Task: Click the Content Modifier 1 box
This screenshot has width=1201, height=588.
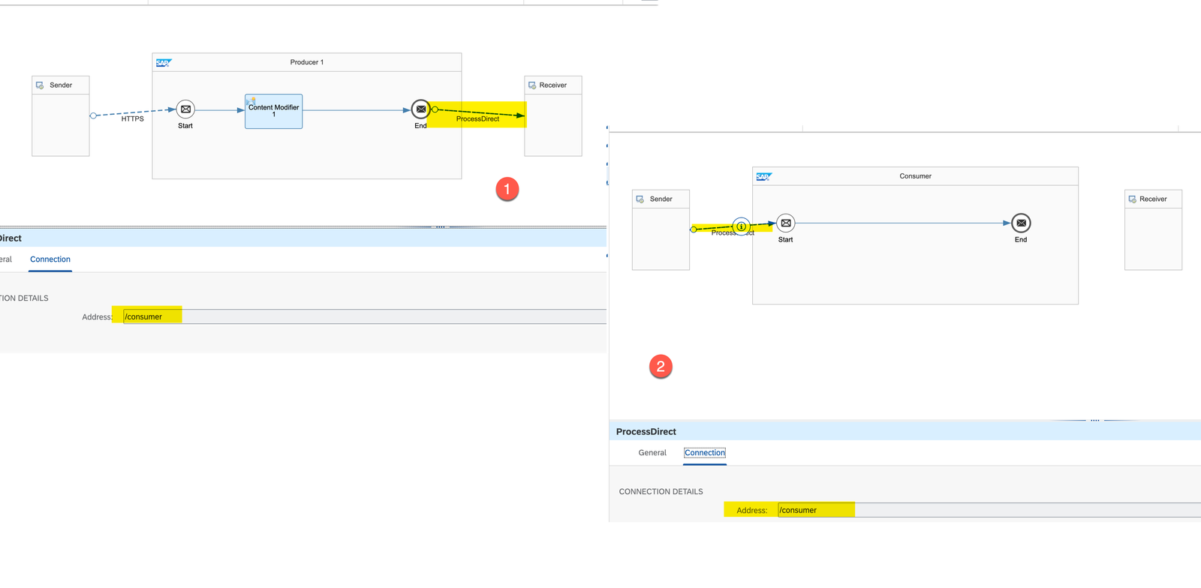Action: pyautogui.click(x=273, y=111)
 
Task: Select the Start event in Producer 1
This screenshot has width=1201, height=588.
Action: pyautogui.click(x=185, y=109)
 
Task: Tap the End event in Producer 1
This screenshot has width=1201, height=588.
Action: pyautogui.click(x=421, y=109)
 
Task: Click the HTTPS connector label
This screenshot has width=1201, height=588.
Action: pyautogui.click(x=133, y=118)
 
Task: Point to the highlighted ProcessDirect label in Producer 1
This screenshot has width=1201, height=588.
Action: pyautogui.click(x=477, y=118)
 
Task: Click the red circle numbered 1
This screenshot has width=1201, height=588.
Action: pyautogui.click(x=507, y=189)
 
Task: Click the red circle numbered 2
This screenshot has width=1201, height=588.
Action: pyautogui.click(x=661, y=367)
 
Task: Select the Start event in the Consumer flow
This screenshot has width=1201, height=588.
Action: pyautogui.click(x=786, y=223)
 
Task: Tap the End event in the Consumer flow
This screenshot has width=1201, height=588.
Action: pyautogui.click(x=1021, y=223)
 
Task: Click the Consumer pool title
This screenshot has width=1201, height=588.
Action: pyautogui.click(x=915, y=176)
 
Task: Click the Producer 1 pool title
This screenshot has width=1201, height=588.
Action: pyautogui.click(x=306, y=62)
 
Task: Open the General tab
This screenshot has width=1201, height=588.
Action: pyautogui.click(x=652, y=453)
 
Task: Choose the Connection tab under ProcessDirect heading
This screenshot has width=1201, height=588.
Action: pyautogui.click(x=705, y=453)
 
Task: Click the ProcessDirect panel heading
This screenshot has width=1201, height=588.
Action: pyautogui.click(x=646, y=432)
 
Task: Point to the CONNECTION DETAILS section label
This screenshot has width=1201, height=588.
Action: pyautogui.click(x=661, y=492)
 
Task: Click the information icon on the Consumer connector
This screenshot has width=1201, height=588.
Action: pyautogui.click(x=741, y=226)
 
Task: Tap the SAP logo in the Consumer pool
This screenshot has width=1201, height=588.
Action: pyautogui.click(x=763, y=177)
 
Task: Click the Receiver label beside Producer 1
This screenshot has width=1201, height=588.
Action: pyautogui.click(x=552, y=85)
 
